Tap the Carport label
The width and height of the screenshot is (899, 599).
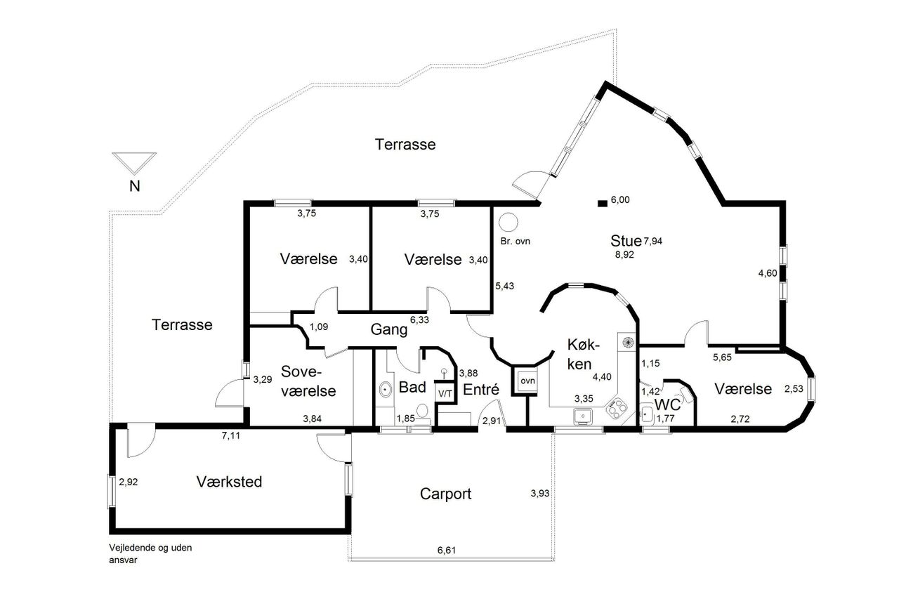(x=445, y=494)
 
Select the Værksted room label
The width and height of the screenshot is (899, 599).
(x=229, y=482)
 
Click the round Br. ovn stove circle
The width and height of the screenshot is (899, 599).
(x=508, y=223)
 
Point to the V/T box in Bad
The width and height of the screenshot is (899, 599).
(x=445, y=393)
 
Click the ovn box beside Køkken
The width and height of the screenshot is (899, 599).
(x=527, y=381)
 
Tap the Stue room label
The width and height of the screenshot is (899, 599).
(x=626, y=241)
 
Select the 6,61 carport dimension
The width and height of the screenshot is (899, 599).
(x=447, y=550)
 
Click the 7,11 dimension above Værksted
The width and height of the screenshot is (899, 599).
(x=231, y=436)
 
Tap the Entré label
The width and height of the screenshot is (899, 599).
(x=481, y=389)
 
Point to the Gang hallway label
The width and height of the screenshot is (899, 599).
(x=389, y=329)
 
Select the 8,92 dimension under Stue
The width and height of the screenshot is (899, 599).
(x=624, y=255)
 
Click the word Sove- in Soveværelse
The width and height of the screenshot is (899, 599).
(x=301, y=371)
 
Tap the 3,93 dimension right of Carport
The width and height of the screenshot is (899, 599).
(x=540, y=494)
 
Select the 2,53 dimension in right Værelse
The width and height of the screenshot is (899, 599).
(x=794, y=388)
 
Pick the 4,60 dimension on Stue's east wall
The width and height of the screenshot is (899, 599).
(x=768, y=273)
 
